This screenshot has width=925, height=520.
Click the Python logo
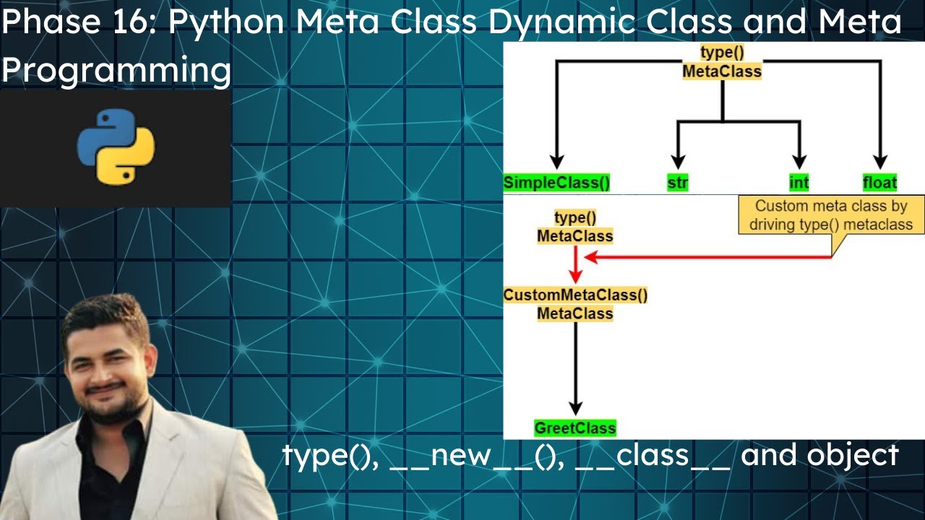(116, 146)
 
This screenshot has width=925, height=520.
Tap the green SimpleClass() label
(556, 183)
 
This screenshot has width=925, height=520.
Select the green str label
(677, 183)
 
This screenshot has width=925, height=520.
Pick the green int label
(799, 183)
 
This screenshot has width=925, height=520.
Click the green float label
(879, 183)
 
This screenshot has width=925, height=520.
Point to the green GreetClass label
(575, 428)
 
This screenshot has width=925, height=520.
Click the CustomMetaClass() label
(575, 295)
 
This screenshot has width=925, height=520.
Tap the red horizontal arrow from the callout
(708, 257)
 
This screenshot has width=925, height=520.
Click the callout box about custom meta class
(830, 215)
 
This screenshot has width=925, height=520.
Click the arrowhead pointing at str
(677, 162)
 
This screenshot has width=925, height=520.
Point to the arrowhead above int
(799, 162)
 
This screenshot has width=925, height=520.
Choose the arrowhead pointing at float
(879, 162)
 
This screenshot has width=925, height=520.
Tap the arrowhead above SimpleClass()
(556, 162)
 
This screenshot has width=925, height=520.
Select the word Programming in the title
(116, 71)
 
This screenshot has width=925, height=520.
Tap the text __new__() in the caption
(477, 456)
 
